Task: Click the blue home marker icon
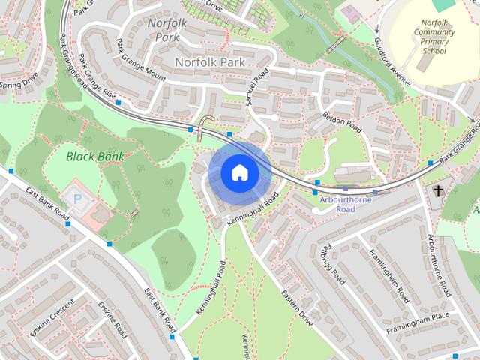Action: (239, 172)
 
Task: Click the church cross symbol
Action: (438, 191)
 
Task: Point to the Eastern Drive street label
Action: (296, 308)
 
